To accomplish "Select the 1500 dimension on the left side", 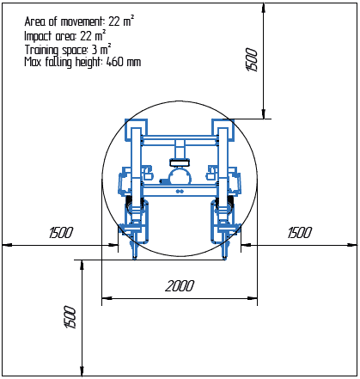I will (60, 233).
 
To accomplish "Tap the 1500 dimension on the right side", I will (299, 233).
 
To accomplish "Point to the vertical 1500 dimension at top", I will (252, 59).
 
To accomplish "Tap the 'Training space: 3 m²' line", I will (70, 49).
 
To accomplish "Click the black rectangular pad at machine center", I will (180, 162).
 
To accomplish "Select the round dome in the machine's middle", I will (180, 178).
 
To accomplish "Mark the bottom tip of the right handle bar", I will (226, 257).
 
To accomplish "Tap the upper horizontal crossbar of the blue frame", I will (180, 138).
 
